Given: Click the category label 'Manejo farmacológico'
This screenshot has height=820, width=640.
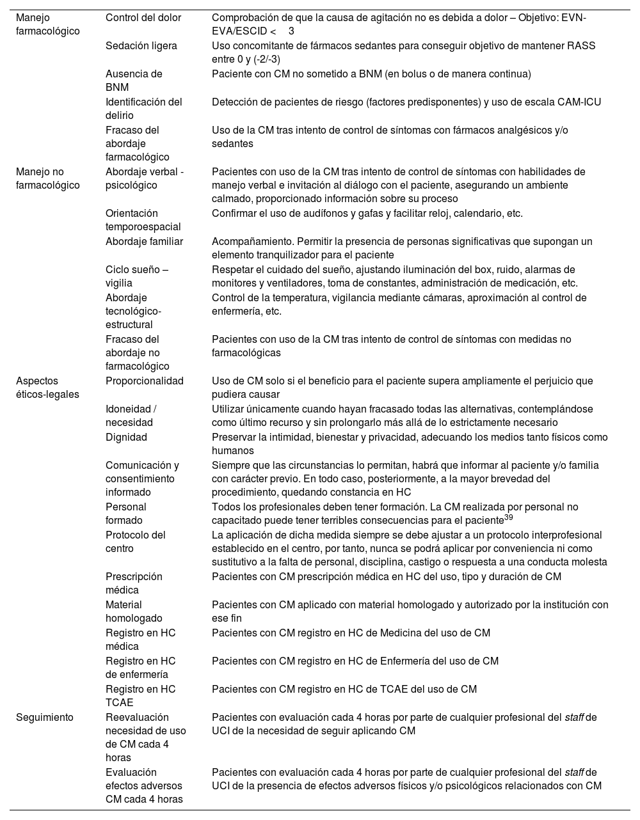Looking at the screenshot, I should pyautogui.click(x=48, y=24).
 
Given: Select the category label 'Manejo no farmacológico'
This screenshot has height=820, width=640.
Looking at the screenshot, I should pyautogui.click(x=48, y=178).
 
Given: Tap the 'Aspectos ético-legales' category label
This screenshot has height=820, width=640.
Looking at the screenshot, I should pyautogui.click(x=47, y=388).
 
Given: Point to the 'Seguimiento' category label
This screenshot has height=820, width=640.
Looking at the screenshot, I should pyautogui.click(x=45, y=718).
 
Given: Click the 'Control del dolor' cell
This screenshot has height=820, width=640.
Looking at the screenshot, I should pyautogui.click(x=143, y=18).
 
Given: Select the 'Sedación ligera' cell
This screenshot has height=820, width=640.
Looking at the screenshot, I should pyautogui.click(x=141, y=46).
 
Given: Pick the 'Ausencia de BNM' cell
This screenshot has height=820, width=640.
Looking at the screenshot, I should pyautogui.click(x=134, y=81).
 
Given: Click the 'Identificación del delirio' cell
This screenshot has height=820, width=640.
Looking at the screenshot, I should pyautogui.click(x=144, y=109).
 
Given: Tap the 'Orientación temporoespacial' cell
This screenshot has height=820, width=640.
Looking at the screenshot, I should pyautogui.click(x=143, y=220).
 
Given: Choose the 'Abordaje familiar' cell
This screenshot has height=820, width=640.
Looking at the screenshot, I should pyautogui.click(x=144, y=242).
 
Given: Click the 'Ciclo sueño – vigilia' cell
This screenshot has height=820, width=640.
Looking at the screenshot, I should pyautogui.click(x=137, y=276).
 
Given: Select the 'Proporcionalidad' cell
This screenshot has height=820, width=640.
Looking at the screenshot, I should pyautogui.click(x=144, y=381).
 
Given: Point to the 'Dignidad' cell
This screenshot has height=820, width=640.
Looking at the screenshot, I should pyautogui.click(x=126, y=438).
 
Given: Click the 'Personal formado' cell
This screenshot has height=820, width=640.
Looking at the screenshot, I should pyautogui.click(x=126, y=514).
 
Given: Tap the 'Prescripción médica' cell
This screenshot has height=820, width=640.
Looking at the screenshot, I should pyautogui.click(x=134, y=583).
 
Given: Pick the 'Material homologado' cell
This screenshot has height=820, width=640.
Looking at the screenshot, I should pyautogui.click(x=134, y=611).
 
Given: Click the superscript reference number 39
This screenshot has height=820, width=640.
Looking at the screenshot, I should pyautogui.click(x=509, y=517).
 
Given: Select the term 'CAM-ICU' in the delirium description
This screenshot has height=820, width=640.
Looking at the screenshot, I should pyautogui.click(x=579, y=102).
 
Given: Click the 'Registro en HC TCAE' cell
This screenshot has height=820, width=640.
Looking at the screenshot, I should pyautogui.click(x=140, y=696).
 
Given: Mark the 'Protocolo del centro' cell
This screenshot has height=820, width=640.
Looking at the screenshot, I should pyautogui.click(x=136, y=542).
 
